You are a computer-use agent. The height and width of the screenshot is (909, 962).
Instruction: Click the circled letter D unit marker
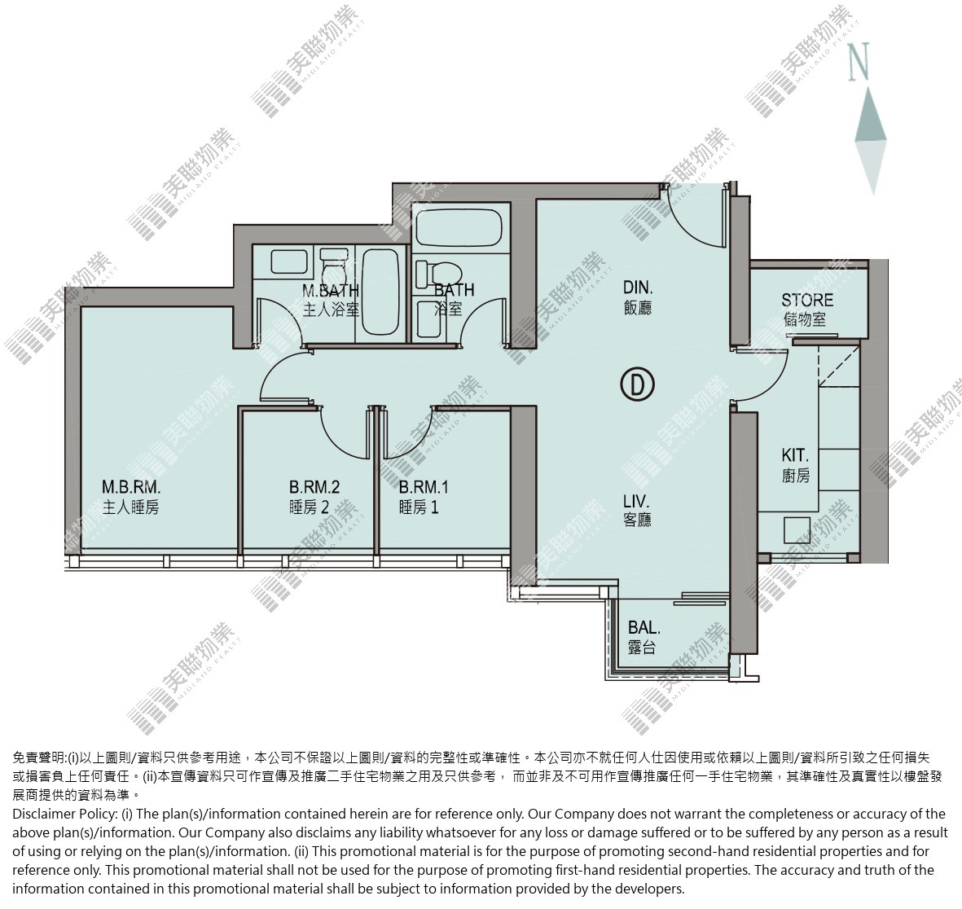(638, 384)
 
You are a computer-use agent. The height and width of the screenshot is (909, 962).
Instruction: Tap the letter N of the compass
(859, 61)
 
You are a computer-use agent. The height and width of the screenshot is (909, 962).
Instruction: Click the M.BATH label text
(331, 290)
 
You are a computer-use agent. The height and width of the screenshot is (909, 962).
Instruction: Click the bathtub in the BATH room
(459, 227)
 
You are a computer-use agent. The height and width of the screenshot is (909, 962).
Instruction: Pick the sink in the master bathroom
(289, 262)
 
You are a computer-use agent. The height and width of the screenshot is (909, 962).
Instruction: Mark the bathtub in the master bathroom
(380, 292)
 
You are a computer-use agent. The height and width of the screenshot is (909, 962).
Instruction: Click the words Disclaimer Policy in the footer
(64, 814)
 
